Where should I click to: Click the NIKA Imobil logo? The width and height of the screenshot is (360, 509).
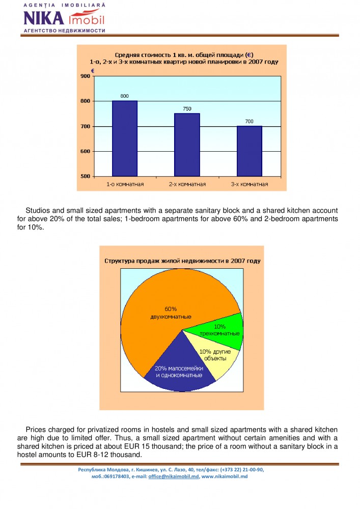pyautogui.click(x=64, y=18)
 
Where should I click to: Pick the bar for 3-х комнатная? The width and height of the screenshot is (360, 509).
pyautogui.click(x=249, y=151)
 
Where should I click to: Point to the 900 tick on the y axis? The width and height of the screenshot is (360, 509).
pyautogui.click(x=85, y=76)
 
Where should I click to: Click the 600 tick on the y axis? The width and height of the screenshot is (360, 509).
pyautogui.click(x=85, y=152)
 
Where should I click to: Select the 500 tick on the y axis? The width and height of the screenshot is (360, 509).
pyautogui.click(x=85, y=177)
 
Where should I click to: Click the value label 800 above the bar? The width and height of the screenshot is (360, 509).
pyautogui.click(x=125, y=96)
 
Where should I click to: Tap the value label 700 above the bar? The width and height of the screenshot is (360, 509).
pyautogui.click(x=249, y=121)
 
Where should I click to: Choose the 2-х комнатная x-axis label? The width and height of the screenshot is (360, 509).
pyautogui.click(x=187, y=184)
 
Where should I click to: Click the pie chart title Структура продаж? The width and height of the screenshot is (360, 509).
pyautogui.click(x=182, y=261)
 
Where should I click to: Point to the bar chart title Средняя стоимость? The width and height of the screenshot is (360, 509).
pyautogui.click(x=182, y=58)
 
